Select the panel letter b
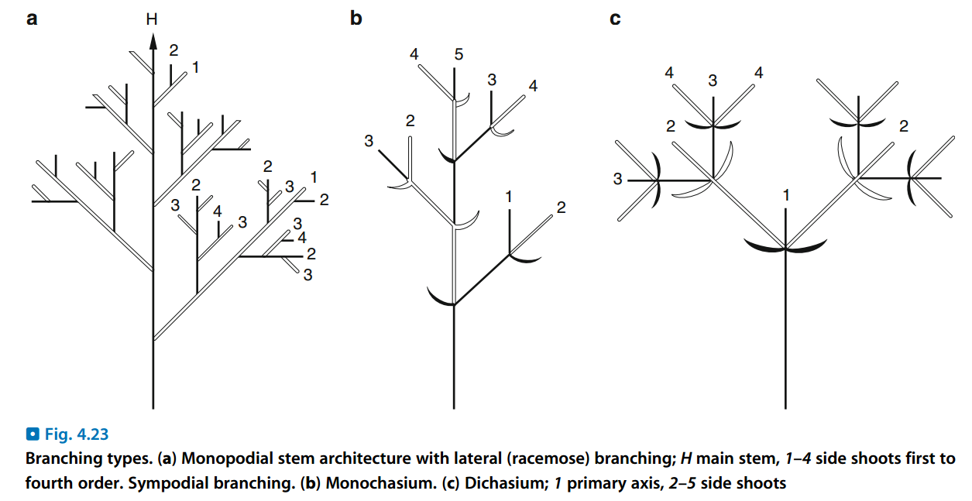(x=355, y=18)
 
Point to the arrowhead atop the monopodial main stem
(x=153, y=43)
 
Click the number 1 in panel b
(x=509, y=197)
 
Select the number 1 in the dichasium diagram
(x=786, y=196)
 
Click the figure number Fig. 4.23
(x=75, y=434)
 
